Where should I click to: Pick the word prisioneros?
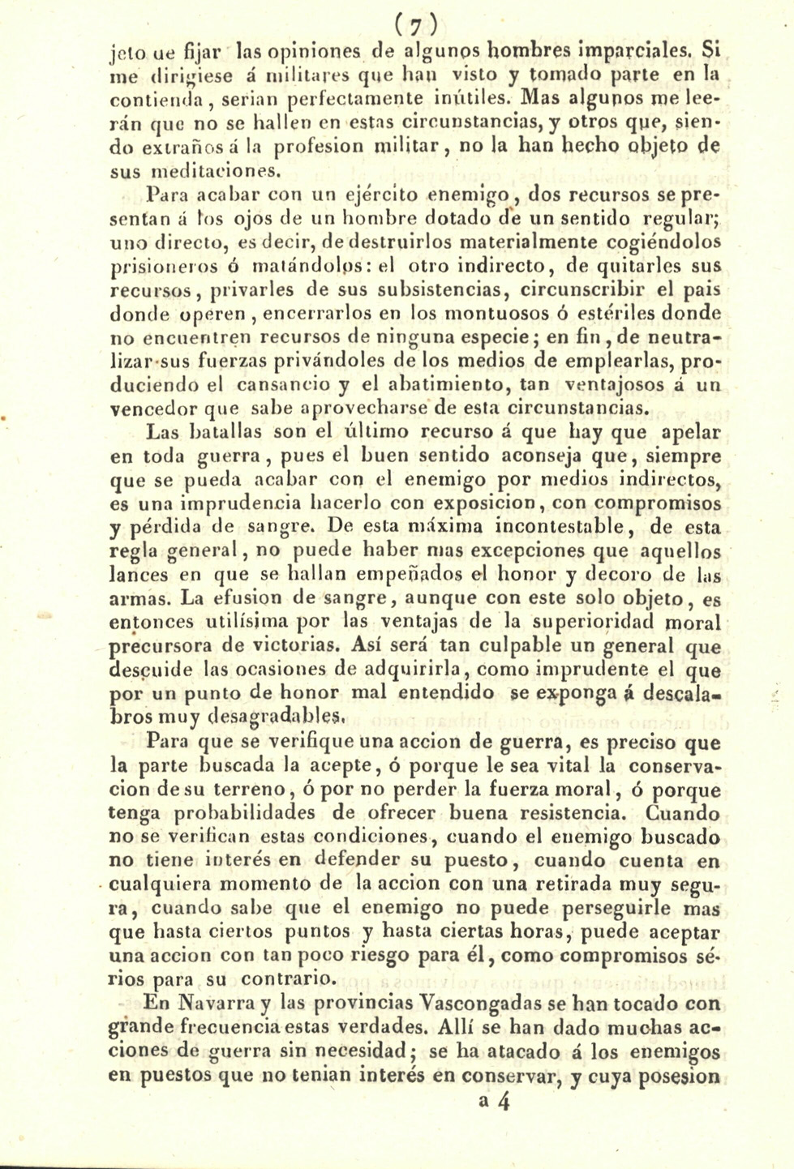(155, 265)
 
